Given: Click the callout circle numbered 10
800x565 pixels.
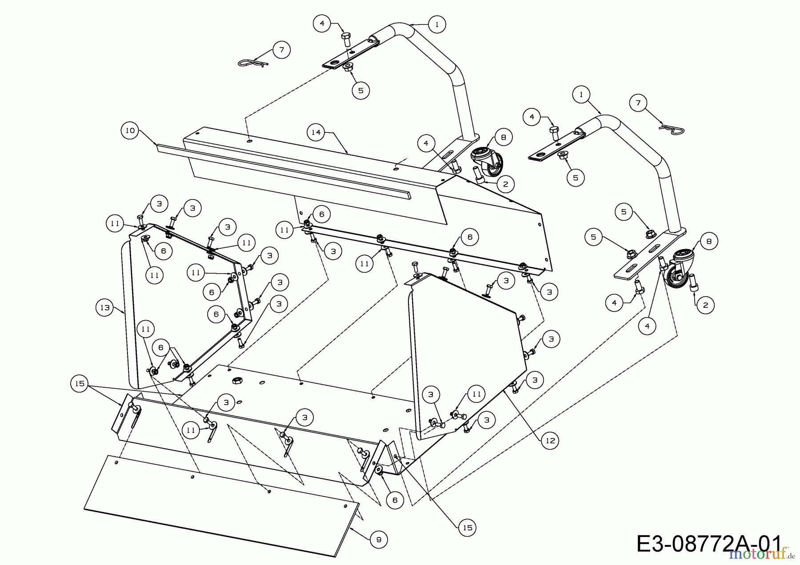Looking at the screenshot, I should tap(129, 131).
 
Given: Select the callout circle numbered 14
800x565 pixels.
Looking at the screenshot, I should tap(316, 132).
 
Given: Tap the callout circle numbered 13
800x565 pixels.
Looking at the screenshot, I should tap(105, 308).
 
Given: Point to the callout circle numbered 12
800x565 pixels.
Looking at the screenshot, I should tap(550, 440).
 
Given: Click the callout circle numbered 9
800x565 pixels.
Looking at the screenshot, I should tap(379, 539).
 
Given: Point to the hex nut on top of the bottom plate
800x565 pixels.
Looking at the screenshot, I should tap(237, 380).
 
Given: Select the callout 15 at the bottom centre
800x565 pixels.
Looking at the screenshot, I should tap(468, 527).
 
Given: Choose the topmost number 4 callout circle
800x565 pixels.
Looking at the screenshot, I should tap(322, 23).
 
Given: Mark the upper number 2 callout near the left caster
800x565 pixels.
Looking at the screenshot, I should tap(505, 184).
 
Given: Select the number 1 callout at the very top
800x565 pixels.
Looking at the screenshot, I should tap(437, 24).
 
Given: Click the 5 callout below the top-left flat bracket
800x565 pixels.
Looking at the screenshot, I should tap(360, 90).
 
